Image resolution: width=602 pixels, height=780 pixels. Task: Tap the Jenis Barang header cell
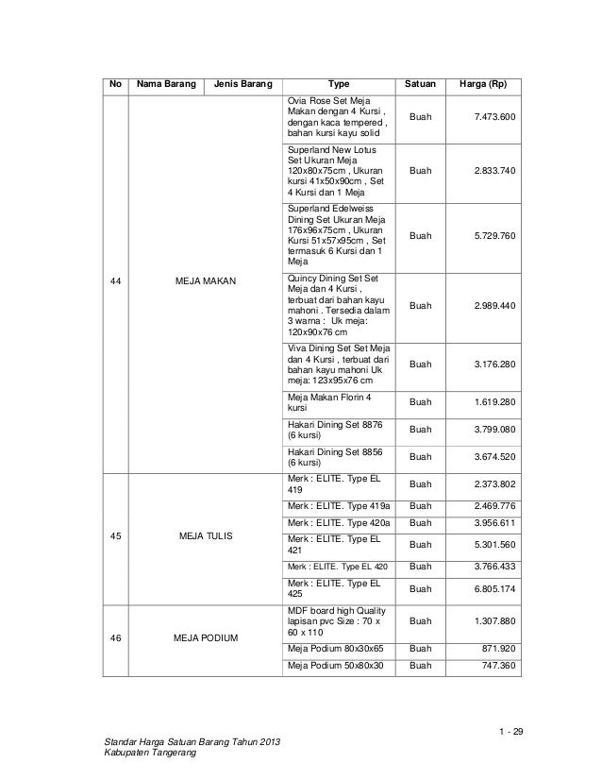pyautogui.click(x=242, y=84)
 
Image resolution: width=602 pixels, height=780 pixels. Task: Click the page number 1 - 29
pyautogui.click(x=510, y=733)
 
